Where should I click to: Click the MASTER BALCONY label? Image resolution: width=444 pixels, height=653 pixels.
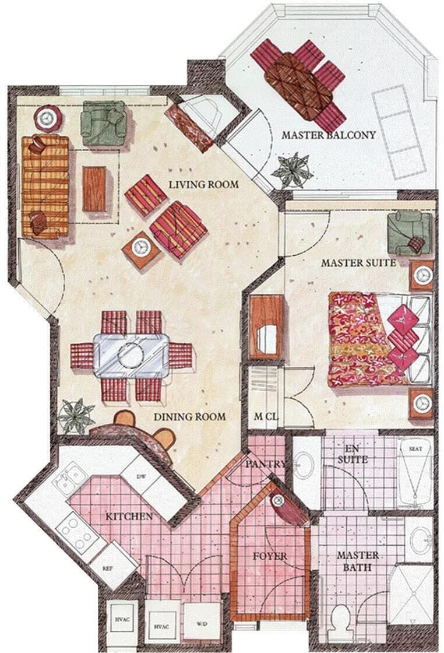tap(328, 135)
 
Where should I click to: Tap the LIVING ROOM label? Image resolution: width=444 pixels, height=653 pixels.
tap(203, 184)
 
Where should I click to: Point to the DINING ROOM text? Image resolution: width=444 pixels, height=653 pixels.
tap(190, 417)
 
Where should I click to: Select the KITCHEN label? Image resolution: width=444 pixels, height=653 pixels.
tap(129, 517)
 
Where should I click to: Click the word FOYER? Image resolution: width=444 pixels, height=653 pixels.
tap(270, 556)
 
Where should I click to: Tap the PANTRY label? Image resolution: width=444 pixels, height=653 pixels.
tap(265, 464)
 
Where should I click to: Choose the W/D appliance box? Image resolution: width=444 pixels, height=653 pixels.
tap(202, 623)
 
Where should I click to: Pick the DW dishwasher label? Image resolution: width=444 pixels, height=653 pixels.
tap(140, 478)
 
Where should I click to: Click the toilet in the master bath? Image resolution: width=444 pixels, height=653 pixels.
tap(341, 623)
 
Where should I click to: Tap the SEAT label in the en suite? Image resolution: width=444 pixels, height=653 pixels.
tap(415, 448)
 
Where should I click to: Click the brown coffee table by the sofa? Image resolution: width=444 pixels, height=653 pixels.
tap(94, 189)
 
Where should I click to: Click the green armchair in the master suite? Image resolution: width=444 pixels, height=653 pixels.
tap(410, 233)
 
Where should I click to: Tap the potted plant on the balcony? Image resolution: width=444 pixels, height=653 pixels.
tap(291, 170)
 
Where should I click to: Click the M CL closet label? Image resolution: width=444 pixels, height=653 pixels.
tap(266, 416)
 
